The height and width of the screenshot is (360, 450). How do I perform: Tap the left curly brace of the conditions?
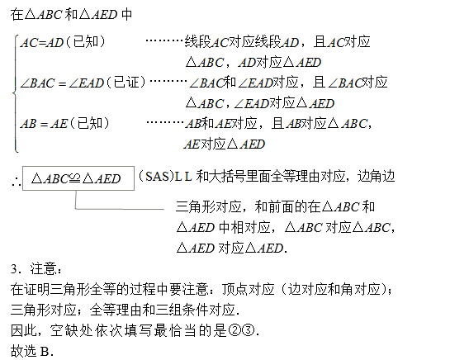[15, 93]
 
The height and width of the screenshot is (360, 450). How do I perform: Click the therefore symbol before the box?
[16, 182]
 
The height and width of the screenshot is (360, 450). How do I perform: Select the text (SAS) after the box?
[156, 176]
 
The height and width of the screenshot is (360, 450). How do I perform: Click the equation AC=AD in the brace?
[42, 43]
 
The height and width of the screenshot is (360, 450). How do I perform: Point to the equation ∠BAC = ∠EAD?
[62, 83]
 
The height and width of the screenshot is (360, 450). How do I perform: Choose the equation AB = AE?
[44, 124]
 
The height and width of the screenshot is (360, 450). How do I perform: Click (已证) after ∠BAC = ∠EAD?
[126, 83]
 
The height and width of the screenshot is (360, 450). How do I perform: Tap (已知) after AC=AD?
[86, 42]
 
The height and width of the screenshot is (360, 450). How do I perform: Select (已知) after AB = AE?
[90, 124]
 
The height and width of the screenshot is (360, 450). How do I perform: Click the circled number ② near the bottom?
[234, 331]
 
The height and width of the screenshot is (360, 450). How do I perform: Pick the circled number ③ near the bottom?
[249, 331]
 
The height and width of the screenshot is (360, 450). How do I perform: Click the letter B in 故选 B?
[45, 352]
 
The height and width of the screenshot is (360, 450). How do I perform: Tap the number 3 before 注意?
[14, 269]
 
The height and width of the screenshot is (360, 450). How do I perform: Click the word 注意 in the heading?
[43, 269]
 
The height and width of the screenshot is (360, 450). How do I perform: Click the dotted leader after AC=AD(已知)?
[164, 40]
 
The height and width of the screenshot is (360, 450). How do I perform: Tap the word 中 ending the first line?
[126, 14]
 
